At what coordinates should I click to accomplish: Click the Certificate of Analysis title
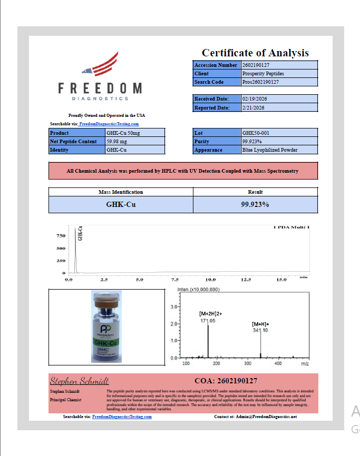[x=255, y=53]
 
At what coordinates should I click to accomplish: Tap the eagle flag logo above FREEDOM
[x=100, y=65]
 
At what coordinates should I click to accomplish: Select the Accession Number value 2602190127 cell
[x=279, y=65]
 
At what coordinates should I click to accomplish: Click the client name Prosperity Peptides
[x=279, y=74]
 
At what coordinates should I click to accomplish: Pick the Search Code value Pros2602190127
[x=279, y=82]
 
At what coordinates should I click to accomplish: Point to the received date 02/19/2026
[x=279, y=99]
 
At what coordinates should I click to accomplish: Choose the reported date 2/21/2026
[x=279, y=107]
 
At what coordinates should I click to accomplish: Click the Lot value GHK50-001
[x=279, y=133]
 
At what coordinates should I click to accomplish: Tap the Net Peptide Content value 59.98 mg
[x=135, y=142]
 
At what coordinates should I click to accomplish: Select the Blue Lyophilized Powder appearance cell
[x=279, y=150]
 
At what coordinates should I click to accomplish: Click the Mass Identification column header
[x=121, y=192]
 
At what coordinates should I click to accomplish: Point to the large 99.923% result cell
[x=255, y=204]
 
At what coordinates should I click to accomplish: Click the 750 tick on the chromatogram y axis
[x=61, y=236]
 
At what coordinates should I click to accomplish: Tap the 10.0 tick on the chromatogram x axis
[x=211, y=280]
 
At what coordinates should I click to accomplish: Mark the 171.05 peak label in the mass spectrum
[x=208, y=320]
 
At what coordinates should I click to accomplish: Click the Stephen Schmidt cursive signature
[x=79, y=381]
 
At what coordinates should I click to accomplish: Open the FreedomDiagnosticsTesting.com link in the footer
[x=122, y=417]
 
